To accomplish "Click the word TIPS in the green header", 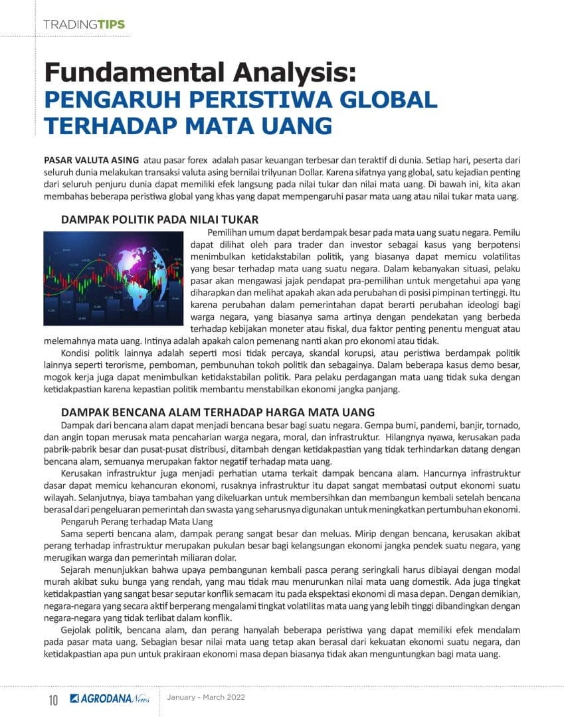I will tap(111, 25).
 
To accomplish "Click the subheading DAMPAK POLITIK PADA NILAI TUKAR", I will tap(159, 219).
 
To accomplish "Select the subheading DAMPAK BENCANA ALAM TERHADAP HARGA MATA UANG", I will tap(218, 412).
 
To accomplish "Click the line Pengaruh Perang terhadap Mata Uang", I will tap(136, 522).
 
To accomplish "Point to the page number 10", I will tap(53, 700).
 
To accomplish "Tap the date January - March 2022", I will tap(206, 698).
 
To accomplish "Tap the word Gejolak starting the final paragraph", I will tap(78, 630).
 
